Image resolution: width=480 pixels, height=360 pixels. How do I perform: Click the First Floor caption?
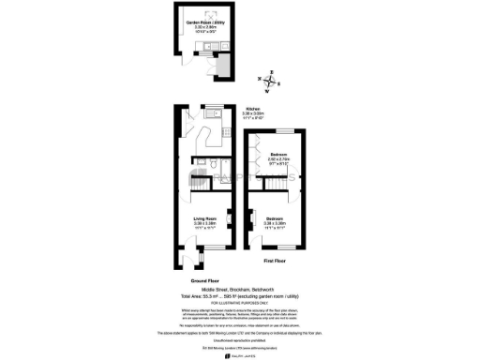point(275,260)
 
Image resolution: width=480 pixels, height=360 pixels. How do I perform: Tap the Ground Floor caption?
point(204,280)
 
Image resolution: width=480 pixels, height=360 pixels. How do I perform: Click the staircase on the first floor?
point(255,178)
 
